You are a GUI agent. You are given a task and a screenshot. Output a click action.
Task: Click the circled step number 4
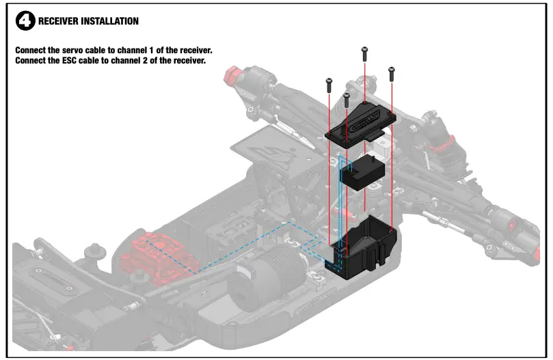[x=25, y=21]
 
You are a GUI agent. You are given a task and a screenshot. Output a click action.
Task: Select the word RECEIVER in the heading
[x=58, y=21]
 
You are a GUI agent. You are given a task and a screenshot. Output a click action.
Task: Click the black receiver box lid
[x=361, y=122]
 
